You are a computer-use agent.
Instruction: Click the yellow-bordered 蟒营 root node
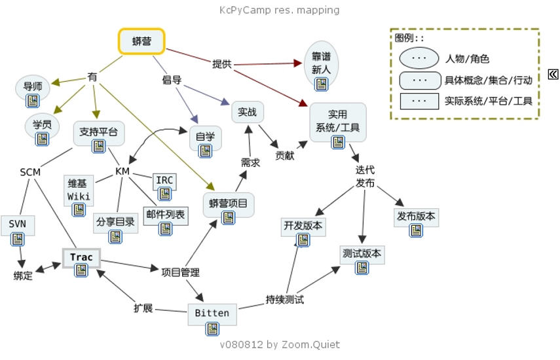point(141,41)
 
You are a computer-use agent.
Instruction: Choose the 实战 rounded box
point(247,112)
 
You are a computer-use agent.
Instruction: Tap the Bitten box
point(212,314)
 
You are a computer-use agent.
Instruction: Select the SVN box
point(18,225)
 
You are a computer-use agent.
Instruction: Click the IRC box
point(164,181)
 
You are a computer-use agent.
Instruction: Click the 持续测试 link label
point(284,300)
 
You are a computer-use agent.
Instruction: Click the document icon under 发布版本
point(415,230)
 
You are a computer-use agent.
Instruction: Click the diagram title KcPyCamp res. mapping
point(280,10)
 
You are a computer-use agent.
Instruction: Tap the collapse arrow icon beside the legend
point(553,74)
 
